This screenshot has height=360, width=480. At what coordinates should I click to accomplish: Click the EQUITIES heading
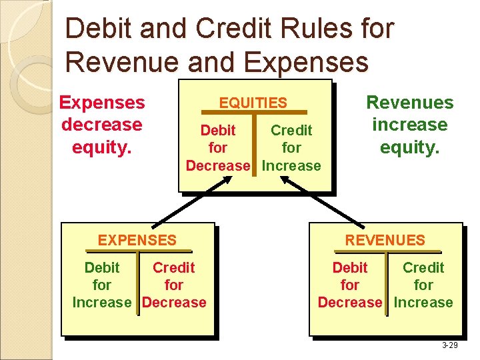pyautogui.click(x=253, y=103)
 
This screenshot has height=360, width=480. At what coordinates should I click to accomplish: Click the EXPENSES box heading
pyautogui.click(x=137, y=240)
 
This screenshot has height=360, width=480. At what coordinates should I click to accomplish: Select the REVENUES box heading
pyautogui.click(x=385, y=240)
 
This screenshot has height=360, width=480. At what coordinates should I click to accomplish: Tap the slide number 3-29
pyautogui.click(x=449, y=345)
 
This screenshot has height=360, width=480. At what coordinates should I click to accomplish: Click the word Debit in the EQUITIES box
pyautogui.click(x=218, y=130)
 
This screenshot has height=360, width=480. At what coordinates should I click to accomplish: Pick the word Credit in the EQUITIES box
pyautogui.click(x=291, y=130)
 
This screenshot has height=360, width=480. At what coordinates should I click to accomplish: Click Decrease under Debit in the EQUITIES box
pyautogui.click(x=218, y=165)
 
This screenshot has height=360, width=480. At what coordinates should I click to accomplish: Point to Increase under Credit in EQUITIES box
pyautogui.click(x=292, y=165)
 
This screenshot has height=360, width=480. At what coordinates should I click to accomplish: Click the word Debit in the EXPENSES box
pyautogui.click(x=102, y=268)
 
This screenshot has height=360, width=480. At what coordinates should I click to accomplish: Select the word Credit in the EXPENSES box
pyautogui.click(x=174, y=268)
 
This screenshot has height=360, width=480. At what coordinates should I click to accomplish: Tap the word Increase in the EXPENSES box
pyautogui.click(x=102, y=303)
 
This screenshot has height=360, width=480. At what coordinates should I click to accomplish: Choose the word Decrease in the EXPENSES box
pyautogui.click(x=175, y=303)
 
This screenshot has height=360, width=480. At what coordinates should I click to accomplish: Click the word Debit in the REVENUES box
pyautogui.click(x=350, y=268)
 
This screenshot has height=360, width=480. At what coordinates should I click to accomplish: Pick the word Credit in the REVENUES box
pyautogui.click(x=423, y=268)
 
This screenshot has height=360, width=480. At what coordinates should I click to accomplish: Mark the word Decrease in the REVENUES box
pyautogui.click(x=350, y=303)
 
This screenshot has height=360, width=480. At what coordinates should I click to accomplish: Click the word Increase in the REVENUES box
pyautogui.click(x=423, y=303)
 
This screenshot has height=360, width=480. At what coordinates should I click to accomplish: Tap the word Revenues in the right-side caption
pyautogui.click(x=409, y=103)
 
